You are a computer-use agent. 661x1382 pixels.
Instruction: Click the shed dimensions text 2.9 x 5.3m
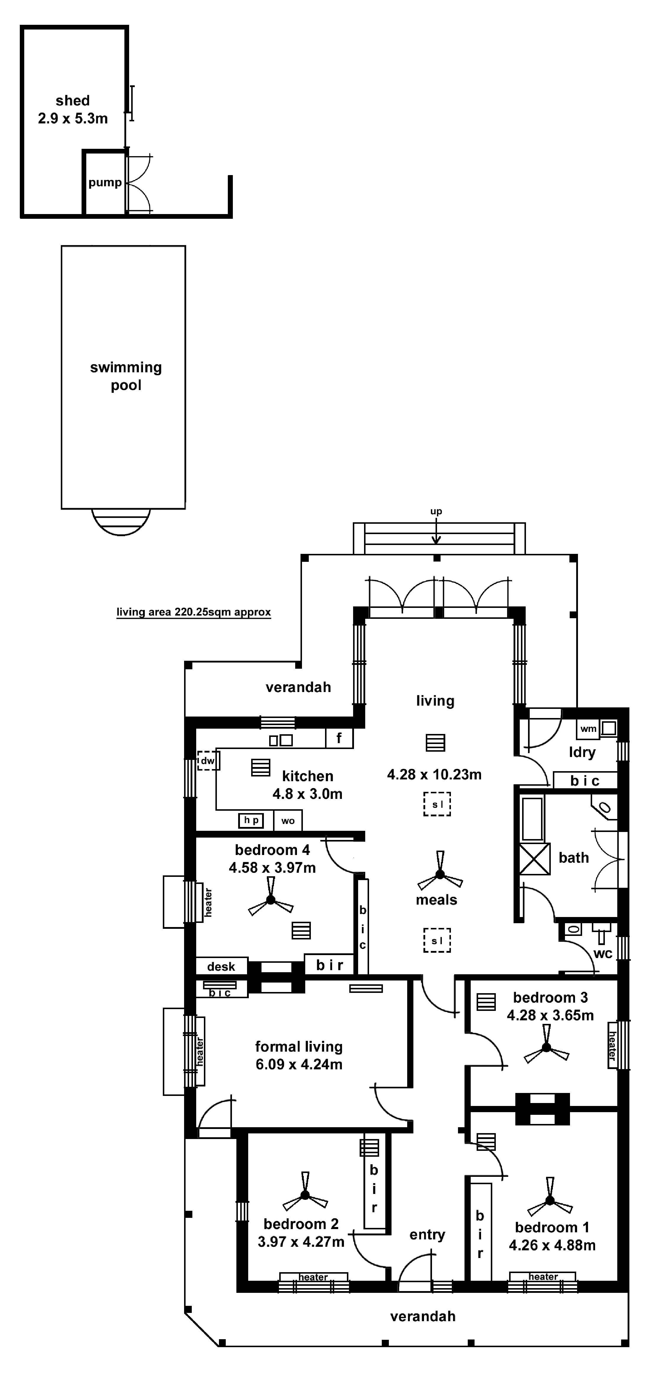(x=72, y=119)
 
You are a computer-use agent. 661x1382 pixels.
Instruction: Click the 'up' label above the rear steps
(x=436, y=511)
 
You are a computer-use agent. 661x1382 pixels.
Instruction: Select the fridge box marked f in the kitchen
(x=339, y=738)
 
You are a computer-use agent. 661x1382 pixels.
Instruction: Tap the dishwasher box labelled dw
(x=208, y=761)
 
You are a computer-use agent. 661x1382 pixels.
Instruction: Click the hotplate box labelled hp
(x=251, y=820)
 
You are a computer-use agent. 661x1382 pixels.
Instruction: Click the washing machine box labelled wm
(x=589, y=729)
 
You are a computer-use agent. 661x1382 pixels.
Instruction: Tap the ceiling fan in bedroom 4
(x=271, y=900)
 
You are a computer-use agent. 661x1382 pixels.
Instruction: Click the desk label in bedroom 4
(x=221, y=967)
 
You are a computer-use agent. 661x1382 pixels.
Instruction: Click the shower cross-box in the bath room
(x=535, y=859)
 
